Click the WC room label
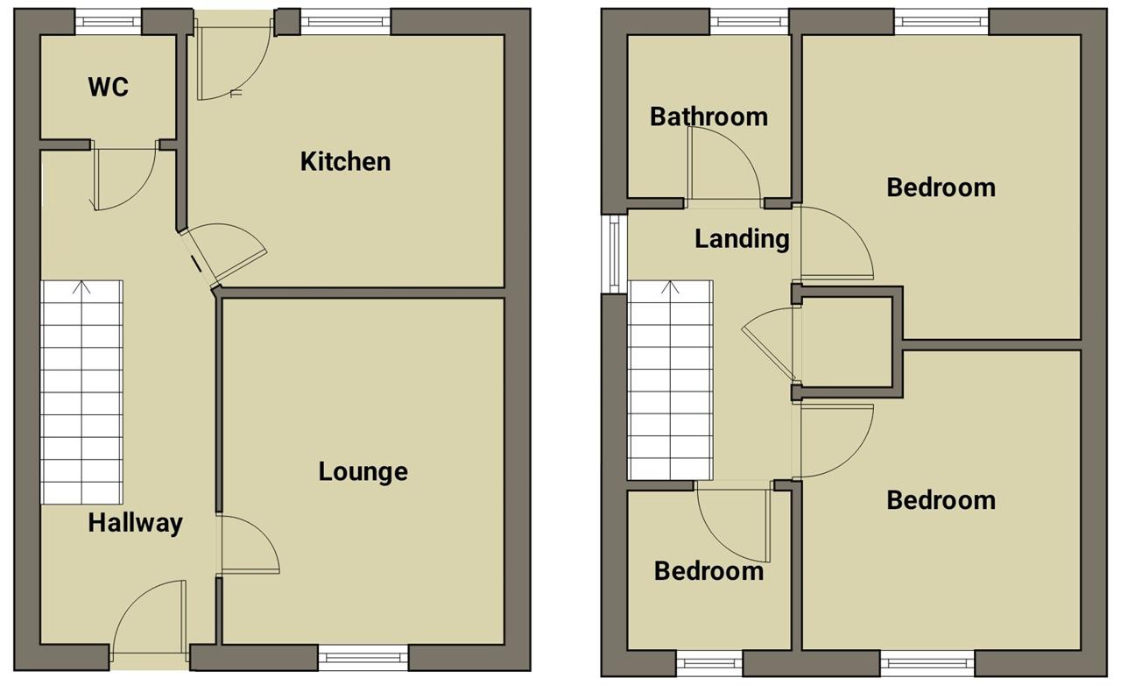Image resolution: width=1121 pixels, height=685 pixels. pos(108,87)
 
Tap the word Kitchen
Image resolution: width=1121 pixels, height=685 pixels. pos(345,162)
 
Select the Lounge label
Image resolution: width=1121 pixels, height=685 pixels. pos(363,472)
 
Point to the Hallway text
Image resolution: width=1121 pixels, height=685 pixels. pos(135,524)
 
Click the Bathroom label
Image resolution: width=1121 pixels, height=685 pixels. pos(709,117)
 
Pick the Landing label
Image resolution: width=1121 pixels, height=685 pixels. pos(742,239)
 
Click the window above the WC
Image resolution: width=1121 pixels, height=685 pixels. pos(108,22)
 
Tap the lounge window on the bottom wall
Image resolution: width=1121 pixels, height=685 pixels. pos(363,658)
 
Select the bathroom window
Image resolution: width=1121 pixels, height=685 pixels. pos(749,22)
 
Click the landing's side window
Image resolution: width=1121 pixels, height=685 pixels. pos(615,254)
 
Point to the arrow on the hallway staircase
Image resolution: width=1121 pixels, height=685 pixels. pos(81,288)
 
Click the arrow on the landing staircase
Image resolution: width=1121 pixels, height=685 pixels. pos(670,288)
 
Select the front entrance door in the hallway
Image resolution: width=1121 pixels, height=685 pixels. pos(150,618)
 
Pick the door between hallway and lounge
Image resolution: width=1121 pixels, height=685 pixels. pos(248,545)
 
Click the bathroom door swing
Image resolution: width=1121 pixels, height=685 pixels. pos(723,164)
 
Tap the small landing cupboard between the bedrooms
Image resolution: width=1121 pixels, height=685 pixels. pos(847,342)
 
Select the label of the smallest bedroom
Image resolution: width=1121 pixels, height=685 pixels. pos(709,571)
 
